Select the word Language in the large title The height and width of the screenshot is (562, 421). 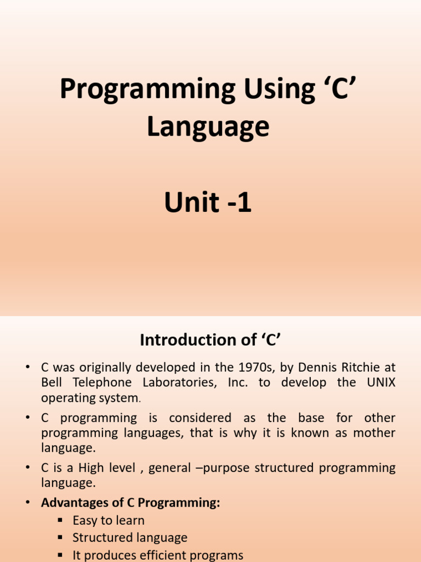(208, 127)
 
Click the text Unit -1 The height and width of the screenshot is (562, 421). (208, 203)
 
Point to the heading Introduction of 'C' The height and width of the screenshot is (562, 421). (210, 340)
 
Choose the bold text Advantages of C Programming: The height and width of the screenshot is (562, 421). (131, 503)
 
